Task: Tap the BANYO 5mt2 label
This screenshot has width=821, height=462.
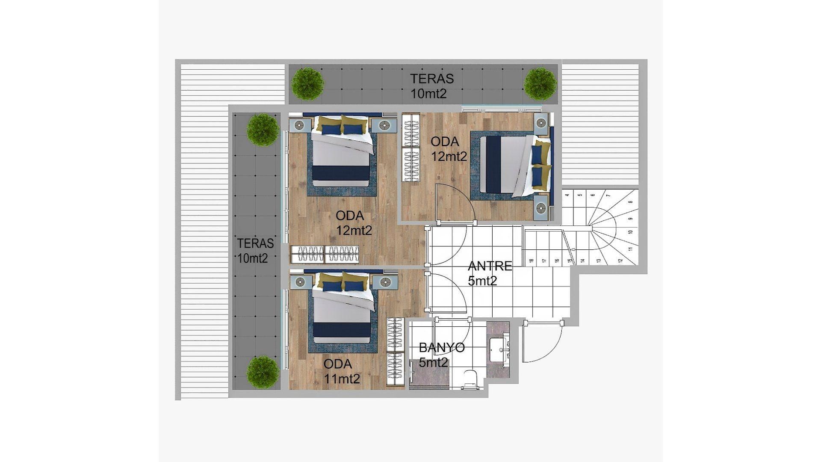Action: pyautogui.click(x=441, y=355)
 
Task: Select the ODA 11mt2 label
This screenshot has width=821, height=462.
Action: pyautogui.click(x=341, y=371)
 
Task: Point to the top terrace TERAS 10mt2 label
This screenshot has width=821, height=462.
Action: pyautogui.click(x=432, y=86)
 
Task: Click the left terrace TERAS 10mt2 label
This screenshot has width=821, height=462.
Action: pyautogui.click(x=255, y=251)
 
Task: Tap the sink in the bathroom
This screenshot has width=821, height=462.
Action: pyautogui.click(x=498, y=350)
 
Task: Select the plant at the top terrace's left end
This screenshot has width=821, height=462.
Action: pyautogui.click(x=307, y=83)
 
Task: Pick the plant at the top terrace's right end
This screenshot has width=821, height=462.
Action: pyautogui.click(x=540, y=83)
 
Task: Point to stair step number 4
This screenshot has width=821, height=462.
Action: pyautogui.click(x=567, y=195)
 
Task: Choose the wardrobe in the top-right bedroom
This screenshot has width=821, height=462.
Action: pyautogui.click(x=411, y=147)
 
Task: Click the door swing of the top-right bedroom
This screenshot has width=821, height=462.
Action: pyautogui.click(x=456, y=203)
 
